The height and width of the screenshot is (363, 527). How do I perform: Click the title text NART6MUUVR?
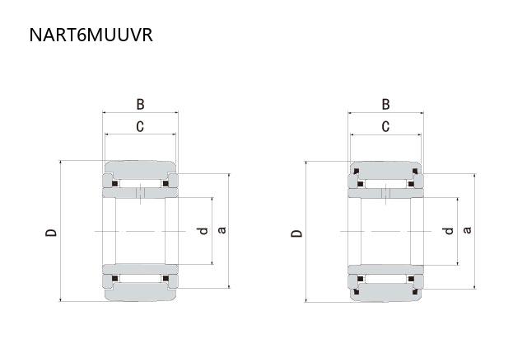91,35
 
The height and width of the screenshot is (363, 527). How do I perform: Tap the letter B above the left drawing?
140,105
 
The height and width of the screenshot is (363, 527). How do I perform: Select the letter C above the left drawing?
140,126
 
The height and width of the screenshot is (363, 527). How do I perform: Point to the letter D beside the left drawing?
51,233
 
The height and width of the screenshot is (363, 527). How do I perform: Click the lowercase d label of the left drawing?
203,231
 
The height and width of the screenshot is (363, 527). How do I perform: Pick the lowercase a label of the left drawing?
222,230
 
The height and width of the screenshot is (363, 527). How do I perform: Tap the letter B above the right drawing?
386,105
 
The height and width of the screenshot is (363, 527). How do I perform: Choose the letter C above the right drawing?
386,126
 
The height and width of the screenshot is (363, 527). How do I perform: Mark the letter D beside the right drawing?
296,233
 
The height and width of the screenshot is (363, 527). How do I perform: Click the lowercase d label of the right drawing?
448,231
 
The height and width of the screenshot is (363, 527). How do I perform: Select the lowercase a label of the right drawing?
467,230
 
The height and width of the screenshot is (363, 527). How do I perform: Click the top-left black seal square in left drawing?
115,183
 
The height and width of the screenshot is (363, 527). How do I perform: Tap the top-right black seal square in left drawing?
166,183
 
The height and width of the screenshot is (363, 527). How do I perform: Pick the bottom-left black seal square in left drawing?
115,279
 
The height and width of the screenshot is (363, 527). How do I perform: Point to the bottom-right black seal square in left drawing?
166,279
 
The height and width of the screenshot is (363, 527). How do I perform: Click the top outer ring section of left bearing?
140,170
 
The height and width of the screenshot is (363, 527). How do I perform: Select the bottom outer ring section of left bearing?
140,291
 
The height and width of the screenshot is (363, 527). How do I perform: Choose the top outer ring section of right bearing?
386,171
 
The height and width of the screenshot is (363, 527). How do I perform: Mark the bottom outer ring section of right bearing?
386,292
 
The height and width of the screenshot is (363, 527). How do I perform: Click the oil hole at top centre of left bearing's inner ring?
140,193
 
